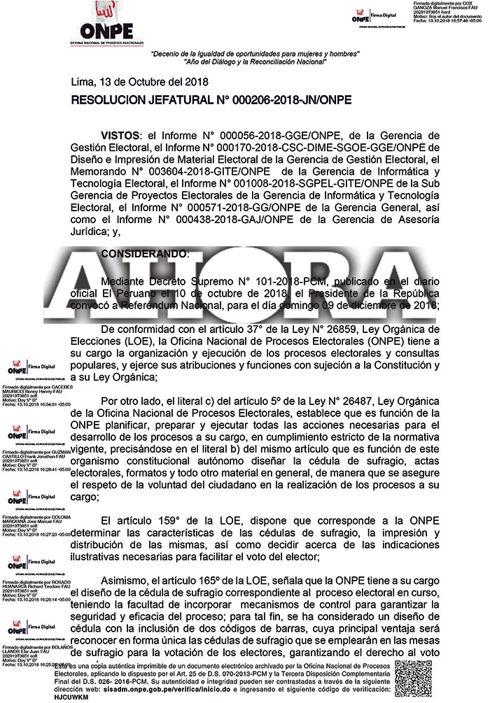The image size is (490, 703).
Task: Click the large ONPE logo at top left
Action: point(106,25)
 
